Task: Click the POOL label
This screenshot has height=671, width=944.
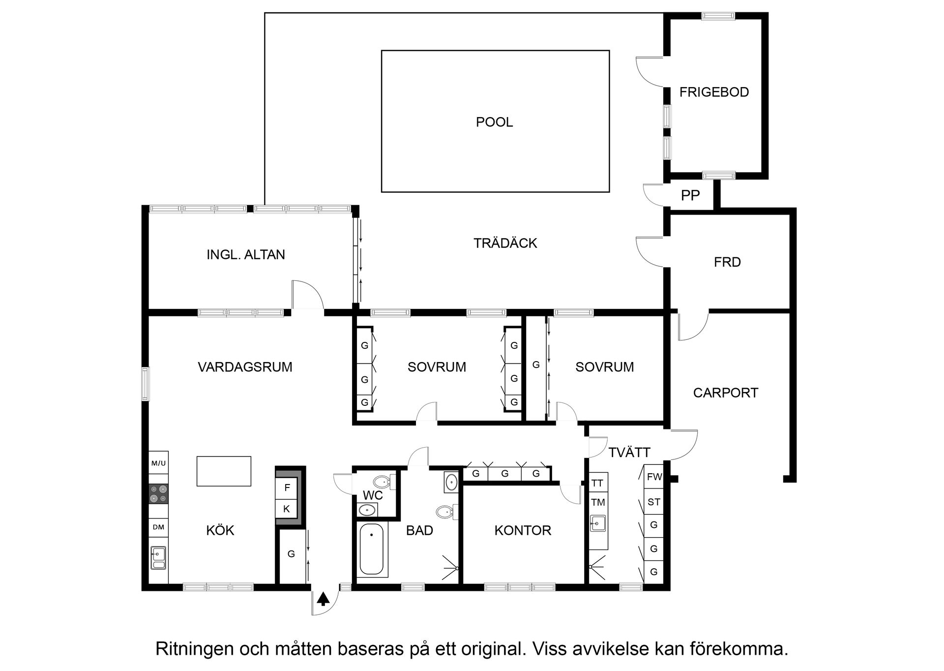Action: pyautogui.click(x=494, y=122)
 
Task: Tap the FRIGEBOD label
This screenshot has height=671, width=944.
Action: pyautogui.click(x=714, y=92)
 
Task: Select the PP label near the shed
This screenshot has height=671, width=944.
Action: pyautogui.click(x=690, y=195)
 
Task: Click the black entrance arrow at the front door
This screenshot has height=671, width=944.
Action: pyautogui.click(x=323, y=599)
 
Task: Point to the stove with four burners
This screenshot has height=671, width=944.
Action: pyautogui.click(x=158, y=493)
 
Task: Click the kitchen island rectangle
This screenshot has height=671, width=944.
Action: pyautogui.click(x=224, y=471)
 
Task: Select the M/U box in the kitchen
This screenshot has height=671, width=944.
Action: pyautogui.click(x=158, y=463)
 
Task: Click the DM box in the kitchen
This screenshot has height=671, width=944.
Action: pyautogui.click(x=158, y=527)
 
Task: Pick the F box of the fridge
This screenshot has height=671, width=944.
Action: pyautogui.click(x=287, y=488)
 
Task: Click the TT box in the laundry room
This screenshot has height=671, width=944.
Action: pyautogui.click(x=597, y=483)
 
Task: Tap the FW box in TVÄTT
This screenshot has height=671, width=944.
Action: pyautogui.click(x=654, y=477)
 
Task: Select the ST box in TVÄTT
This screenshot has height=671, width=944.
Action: pyautogui.click(x=654, y=502)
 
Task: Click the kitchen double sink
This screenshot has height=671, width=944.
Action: pyautogui.click(x=158, y=558)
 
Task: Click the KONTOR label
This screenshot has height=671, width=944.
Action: pyautogui.click(x=523, y=530)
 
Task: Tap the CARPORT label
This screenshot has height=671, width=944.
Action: pyautogui.click(x=725, y=393)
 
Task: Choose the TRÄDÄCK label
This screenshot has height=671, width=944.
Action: pyautogui.click(x=505, y=243)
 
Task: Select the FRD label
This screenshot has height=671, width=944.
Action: pyautogui.click(x=727, y=262)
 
